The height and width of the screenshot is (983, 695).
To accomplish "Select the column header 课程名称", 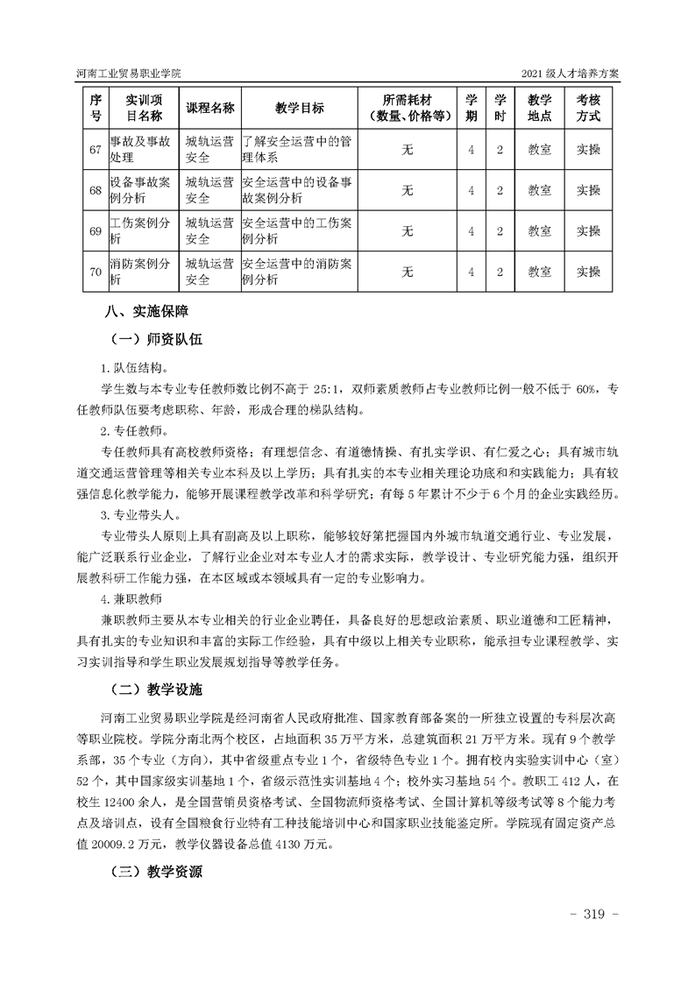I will point(210,108).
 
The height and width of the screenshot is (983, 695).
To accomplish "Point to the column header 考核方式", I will point(588,108).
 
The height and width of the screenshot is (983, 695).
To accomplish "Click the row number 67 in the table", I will point(96,149).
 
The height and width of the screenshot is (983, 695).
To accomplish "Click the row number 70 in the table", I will point(96,272).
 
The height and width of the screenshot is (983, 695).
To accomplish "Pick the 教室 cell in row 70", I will point(539,272).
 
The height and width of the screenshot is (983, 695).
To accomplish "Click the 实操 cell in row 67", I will point(588,149).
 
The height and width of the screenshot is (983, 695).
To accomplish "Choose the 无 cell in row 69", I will point(407,230).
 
